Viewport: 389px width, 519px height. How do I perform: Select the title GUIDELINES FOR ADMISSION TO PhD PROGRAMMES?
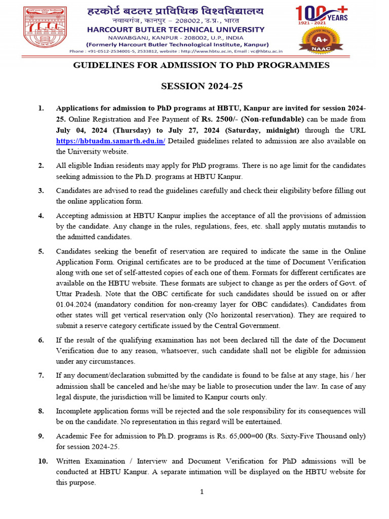pyautogui.click(x=202, y=65)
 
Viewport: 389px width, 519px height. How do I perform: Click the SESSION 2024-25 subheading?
pyautogui.click(x=202, y=86)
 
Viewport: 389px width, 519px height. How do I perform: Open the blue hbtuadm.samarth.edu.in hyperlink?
pyautogui.click(x=110, y=141)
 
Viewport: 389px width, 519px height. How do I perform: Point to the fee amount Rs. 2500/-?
pyautogui.click(x=220, y=120)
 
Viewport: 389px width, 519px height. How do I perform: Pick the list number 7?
pyautogui.click(x=41, y=376)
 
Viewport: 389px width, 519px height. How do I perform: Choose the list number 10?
pyautogui.click(x=43, y=461)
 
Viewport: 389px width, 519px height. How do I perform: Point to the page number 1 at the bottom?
pyautogui.click(x=202, y=492)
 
